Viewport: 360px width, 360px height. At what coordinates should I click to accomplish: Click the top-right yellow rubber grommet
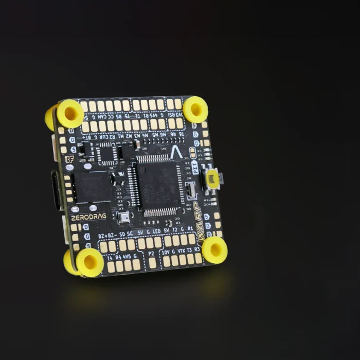pos(195,109)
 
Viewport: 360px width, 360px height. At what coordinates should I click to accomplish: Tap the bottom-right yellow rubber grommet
pos(214,250)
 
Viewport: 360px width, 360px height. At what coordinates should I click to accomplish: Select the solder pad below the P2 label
pos(153,263)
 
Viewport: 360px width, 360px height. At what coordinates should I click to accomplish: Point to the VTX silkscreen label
pos(181,250)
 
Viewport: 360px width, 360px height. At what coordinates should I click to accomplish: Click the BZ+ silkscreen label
pos(104,236)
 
